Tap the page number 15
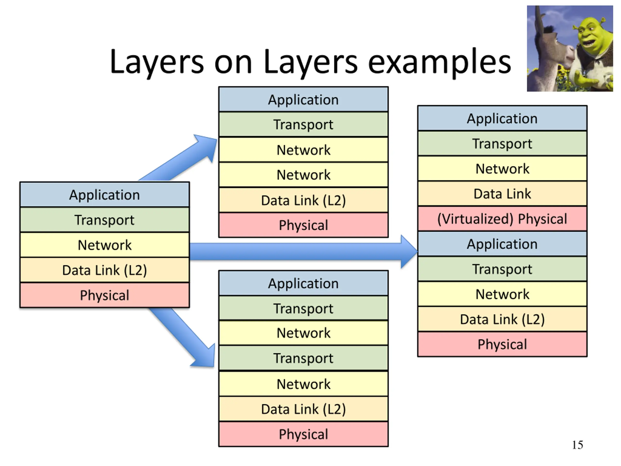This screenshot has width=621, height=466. point(578,445)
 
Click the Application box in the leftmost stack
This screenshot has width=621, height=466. point(105,195)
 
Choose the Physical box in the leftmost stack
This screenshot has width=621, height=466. point(105,295)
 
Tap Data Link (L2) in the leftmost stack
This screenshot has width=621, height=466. point(105,270)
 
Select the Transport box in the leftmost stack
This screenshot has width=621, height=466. point(105,220)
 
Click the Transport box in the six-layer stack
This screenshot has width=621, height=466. point(303,125)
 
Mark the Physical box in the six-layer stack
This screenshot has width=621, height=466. point(303,225)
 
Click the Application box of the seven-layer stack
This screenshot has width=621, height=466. point(303,283)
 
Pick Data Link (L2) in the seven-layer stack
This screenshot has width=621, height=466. point(303,409)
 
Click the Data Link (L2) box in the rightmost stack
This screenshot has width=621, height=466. point(502,319)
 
